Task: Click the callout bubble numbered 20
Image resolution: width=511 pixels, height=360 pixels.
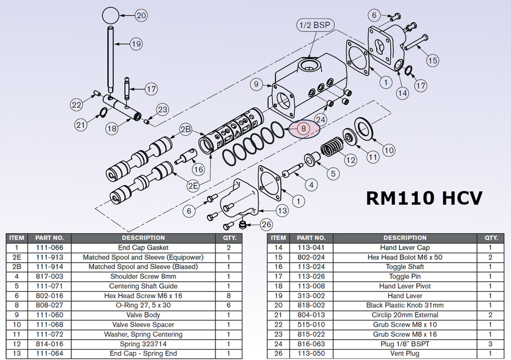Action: point(142,15)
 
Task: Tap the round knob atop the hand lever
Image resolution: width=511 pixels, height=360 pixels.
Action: point(111,15)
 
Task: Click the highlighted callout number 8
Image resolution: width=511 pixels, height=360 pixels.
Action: point(303,128)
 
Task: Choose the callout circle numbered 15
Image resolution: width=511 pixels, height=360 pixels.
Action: point(432,60)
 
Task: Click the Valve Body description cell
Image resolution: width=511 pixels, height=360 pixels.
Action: point(143,315)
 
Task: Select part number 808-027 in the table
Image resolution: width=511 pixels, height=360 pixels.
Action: point(49,306)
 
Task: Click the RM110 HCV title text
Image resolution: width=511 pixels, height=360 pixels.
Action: point(424,198)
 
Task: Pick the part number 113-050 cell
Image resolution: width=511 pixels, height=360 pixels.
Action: point(311,354)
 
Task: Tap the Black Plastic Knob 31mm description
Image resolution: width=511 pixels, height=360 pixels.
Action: point(405,306)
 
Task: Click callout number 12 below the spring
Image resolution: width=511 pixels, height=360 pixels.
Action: point(351,160)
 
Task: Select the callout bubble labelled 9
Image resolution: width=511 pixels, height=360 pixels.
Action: point(256,85)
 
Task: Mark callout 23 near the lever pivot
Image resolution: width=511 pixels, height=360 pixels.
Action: point(163,110)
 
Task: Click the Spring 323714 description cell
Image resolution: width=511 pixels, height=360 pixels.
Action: point(143,344)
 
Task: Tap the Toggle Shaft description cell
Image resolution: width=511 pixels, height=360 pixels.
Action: point(405,267)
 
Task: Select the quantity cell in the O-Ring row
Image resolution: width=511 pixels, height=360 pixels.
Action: point(229,306)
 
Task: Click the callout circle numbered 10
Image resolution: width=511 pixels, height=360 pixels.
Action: point(389,150)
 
